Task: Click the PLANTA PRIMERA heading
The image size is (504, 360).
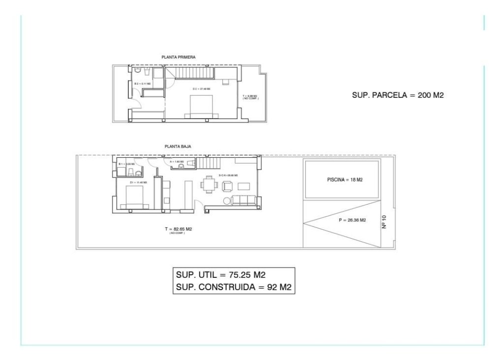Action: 179,58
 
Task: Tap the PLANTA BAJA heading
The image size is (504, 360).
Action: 178,147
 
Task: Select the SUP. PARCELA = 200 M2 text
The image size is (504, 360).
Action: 398,95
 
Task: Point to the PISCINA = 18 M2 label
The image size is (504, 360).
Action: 345,180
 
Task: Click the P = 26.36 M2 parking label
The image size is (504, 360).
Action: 352,220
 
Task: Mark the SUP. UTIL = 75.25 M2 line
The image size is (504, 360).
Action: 220,274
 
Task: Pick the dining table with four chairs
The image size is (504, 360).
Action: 210,185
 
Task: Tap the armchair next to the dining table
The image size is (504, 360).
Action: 227,186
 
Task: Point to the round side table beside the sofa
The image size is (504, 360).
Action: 227,200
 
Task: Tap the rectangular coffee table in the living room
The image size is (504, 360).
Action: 245,186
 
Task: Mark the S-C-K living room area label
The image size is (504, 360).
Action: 228,175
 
